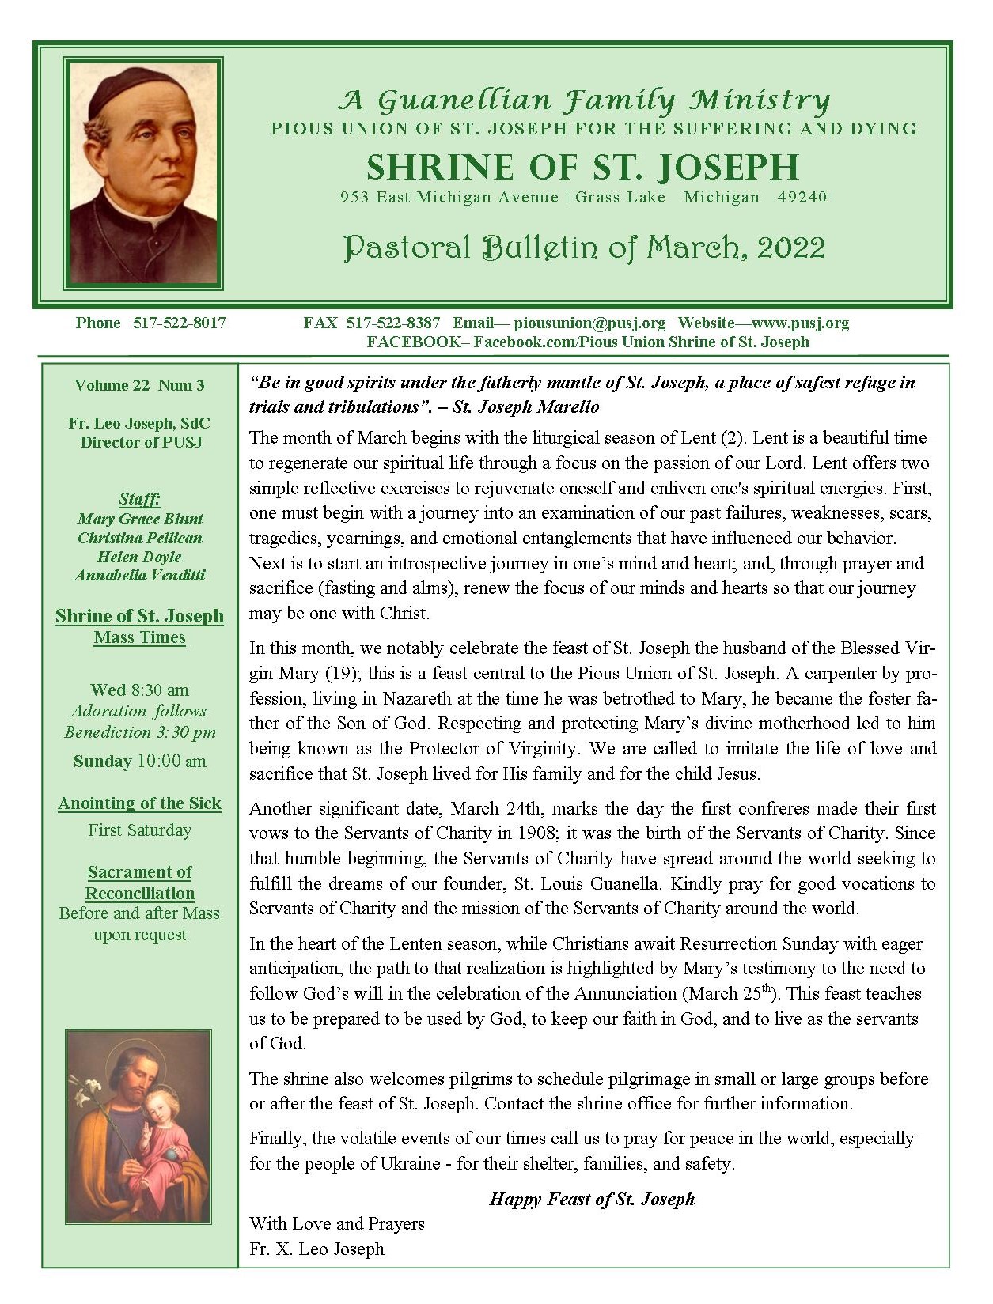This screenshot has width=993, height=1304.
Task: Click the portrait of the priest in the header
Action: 143,173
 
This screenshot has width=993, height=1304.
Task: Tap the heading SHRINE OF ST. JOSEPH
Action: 582,167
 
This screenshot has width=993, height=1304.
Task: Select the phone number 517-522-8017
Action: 179,323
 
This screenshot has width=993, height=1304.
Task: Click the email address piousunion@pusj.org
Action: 589,323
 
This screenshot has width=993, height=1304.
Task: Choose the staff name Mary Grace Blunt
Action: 140,519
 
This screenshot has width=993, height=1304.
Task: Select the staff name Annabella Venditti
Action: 140,575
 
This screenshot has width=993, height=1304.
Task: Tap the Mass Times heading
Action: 139,637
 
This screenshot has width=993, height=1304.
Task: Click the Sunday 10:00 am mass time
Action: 139,762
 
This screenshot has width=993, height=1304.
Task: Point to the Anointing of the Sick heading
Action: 139,803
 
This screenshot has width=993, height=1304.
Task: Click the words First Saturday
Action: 139,830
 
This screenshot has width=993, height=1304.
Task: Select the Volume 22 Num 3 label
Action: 139,385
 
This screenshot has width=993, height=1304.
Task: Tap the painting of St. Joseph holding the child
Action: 138,1126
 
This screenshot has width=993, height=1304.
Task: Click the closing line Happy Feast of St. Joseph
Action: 592,1199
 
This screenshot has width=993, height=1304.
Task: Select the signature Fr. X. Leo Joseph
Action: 316,1249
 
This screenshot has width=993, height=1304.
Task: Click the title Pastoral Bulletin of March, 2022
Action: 584,248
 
